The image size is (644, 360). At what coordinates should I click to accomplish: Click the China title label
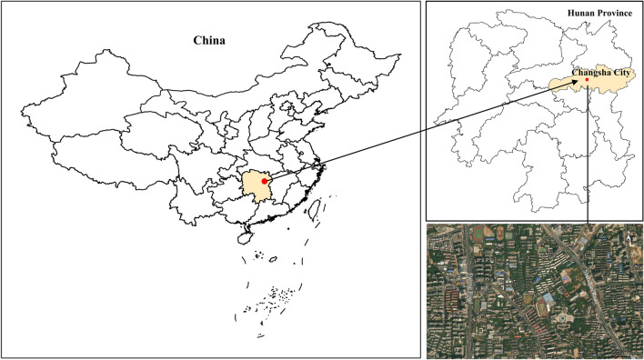(209, 41)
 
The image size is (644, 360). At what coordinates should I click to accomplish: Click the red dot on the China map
(264, 181)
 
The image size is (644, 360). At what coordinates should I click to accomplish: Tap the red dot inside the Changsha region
(587, 80)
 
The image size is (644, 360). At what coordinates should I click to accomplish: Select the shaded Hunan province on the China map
(256, 186)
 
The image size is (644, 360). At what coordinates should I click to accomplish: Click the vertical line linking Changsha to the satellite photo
(589, 155)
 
